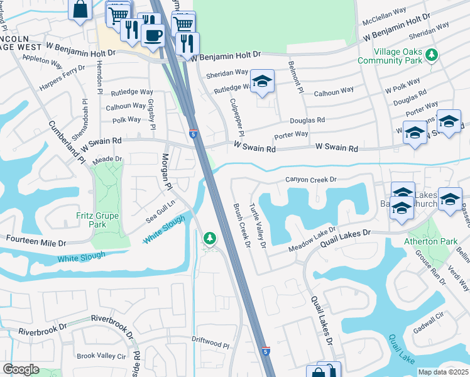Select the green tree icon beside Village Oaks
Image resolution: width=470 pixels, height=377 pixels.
point(432,55)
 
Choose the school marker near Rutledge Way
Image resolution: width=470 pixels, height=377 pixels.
point(262,82)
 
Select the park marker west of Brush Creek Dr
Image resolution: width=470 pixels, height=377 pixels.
point(209,238)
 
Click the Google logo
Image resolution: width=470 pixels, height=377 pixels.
point(21,369)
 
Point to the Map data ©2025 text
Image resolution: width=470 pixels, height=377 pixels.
point(443,372)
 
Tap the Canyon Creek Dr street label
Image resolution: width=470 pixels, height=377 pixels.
point(311,180)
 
